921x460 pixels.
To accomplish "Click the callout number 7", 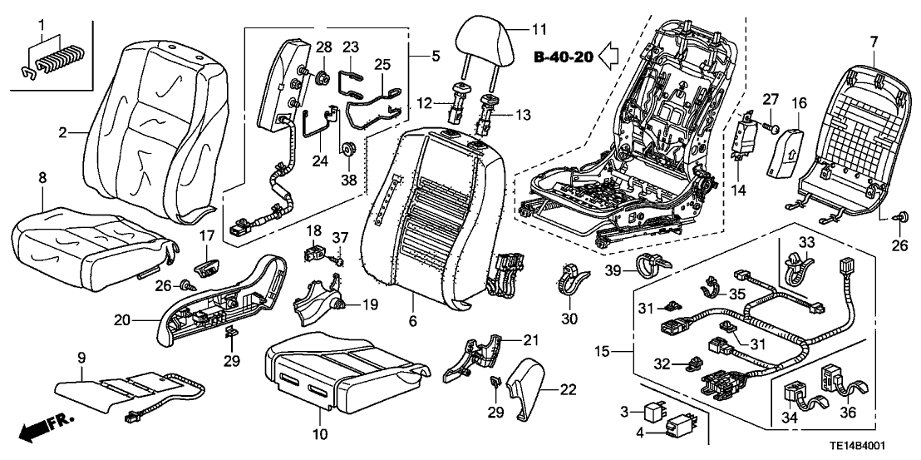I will (x=873, y=41).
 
